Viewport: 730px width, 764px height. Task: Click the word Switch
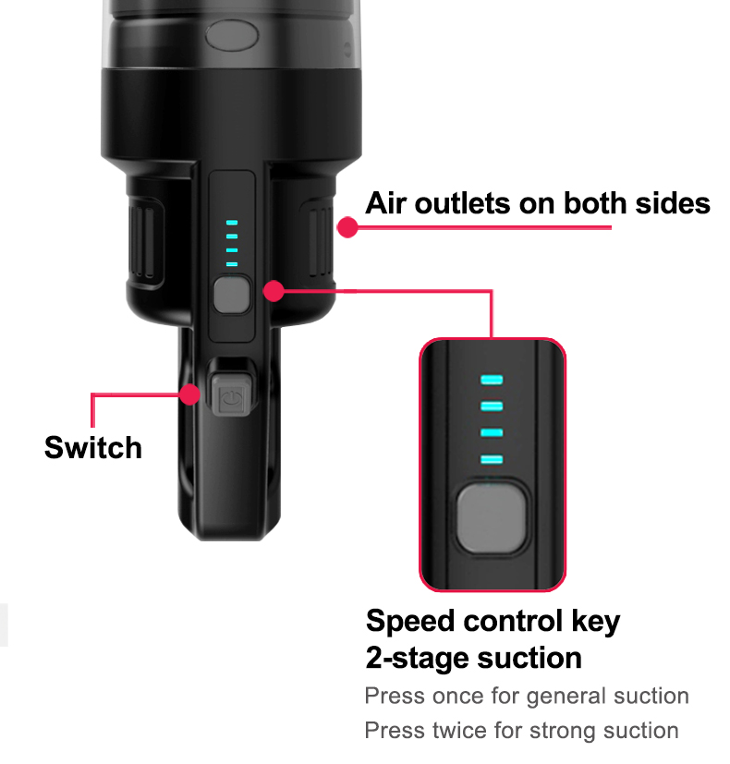point(93,447)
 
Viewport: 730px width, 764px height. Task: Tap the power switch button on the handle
point(232,395)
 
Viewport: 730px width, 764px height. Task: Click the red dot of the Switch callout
point(189,394)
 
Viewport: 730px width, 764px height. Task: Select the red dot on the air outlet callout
point(347,227)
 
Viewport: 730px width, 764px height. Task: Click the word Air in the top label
point(385,202)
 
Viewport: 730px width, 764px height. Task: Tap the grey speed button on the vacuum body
point(232,295)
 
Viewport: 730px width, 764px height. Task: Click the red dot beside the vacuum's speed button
point(274,291)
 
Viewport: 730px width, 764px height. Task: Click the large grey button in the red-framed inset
point(492,517)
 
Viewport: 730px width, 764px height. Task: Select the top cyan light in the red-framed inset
point(492,380)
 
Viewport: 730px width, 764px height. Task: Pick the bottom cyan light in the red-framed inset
point(492,459)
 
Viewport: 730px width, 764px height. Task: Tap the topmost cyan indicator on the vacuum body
point(232,223)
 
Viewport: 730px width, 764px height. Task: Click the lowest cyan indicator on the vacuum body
point(232,264)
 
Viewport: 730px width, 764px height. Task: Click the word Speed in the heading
point(410,622)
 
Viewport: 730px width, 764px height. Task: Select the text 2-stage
point(417,659)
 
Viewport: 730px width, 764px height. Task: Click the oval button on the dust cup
point(232,35)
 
